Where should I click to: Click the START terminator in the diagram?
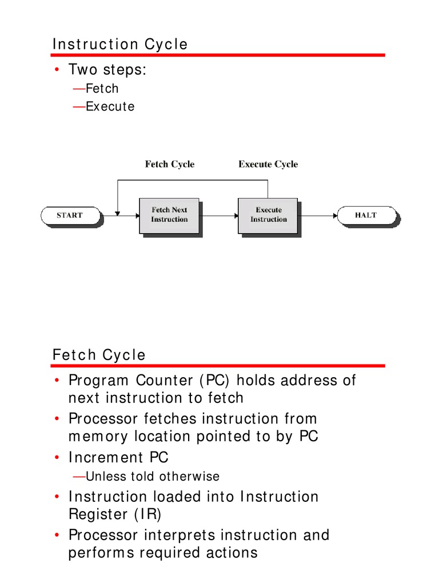point(70,216)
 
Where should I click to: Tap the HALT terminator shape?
point(366,216)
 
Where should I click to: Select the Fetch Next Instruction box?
point(169,215)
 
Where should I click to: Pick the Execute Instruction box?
point(268,215)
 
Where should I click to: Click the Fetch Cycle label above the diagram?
point(169,164)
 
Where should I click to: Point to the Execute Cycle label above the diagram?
point(268,164)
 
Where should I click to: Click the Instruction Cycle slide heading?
point(120,44)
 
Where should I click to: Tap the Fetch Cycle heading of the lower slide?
point(99,355)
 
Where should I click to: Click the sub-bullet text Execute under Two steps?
point(110,106)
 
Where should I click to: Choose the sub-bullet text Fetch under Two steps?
point(102,89)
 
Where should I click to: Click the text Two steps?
point(107,70)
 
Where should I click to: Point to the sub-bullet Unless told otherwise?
point(152,476)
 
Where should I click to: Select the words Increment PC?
point(118,458)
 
